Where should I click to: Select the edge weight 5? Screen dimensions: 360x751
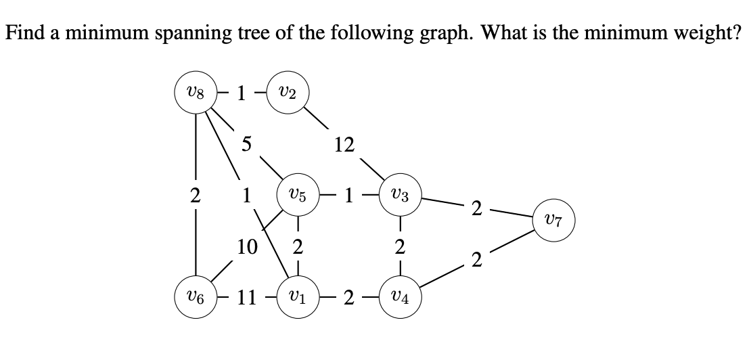pyautogui.click(x=247, y=144)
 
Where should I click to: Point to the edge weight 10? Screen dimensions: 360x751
pyautogui.click(x=247, y=248)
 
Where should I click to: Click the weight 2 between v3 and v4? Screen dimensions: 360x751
pyautogui.click(x=400, y=248)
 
